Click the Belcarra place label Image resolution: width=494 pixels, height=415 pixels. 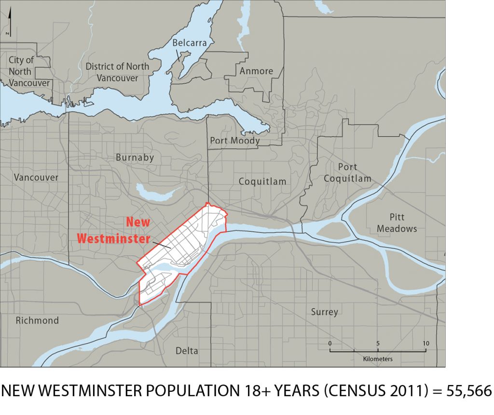pyautogui.click(x=190, y=43)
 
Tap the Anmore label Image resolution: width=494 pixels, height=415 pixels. pyautogui.click(x=256, y=71)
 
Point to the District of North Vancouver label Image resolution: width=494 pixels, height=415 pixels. pyautogui.click(x=117, y=72)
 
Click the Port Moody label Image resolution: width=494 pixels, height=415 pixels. pyautogui.click(x=235, y=141)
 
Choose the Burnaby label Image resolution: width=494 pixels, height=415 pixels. pyautogui.click(x=135, y=157)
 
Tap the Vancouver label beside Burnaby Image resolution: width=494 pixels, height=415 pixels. pyautogui.click(x=36, y=177)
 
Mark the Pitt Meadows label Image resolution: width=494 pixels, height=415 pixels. pyautogui.click(x=397, y=223)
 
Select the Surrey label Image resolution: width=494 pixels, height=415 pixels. pyautogui.click(x=324, y=312)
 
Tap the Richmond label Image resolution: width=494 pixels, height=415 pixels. pyautogui.click(x=37, y=321)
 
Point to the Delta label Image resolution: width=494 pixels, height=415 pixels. pyautogui.click(x=187, y=351)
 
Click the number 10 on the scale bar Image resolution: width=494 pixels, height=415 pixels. pyautogui.click(x=425, y=343)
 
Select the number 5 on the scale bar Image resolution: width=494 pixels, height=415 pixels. pyautogui.click(x=378, y=343)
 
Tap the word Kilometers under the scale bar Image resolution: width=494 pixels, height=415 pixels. pyautogui.click(x=378, y=359)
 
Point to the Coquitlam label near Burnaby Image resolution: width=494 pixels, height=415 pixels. pyautogui.click(x=262, y=182)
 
